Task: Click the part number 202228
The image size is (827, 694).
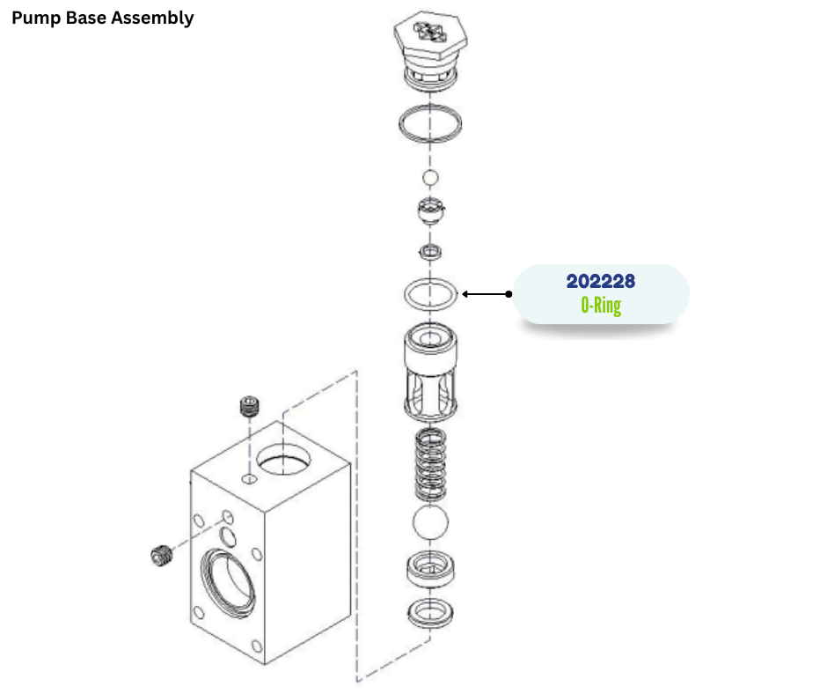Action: point(601,282)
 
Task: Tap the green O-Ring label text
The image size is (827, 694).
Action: point(601,306)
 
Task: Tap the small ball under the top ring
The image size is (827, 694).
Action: point(430,179)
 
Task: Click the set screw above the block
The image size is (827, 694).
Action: point(251,408)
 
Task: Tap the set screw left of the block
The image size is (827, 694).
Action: point(160,557)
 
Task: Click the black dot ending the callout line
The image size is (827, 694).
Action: point(509,294)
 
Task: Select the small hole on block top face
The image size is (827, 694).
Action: point(249,479)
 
